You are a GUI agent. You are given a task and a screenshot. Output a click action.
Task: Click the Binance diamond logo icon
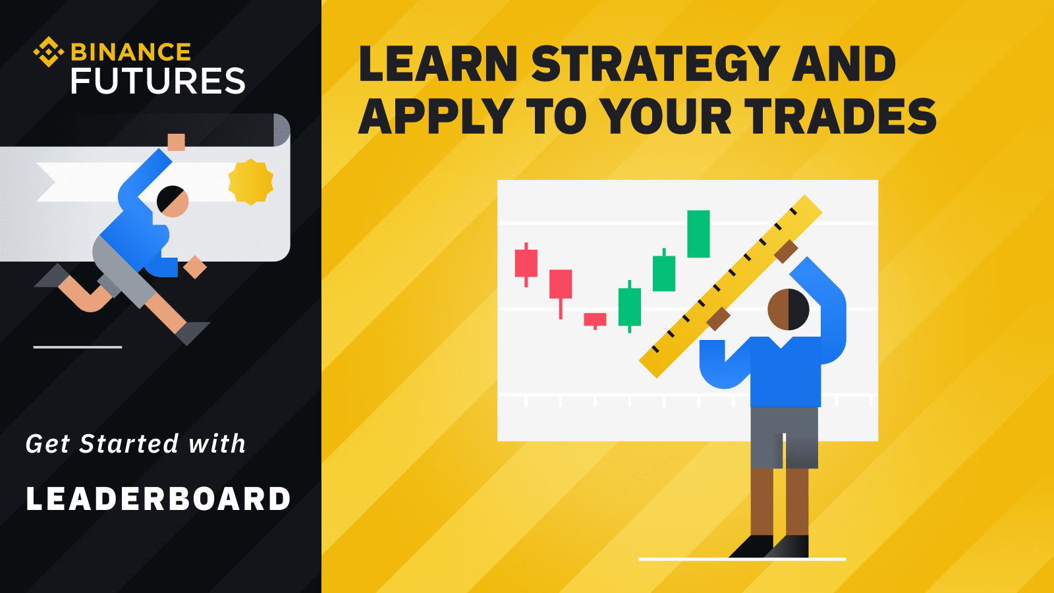[49, 52]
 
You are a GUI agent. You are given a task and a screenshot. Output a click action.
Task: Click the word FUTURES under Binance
[158, 80]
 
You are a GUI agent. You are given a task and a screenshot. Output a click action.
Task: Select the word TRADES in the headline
[841, 116]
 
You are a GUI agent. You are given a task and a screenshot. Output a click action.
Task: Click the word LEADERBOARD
[158, 499]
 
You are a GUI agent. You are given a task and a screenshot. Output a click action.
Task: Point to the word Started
[129, 444]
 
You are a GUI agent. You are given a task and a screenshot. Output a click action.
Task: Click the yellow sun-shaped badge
[251, 182]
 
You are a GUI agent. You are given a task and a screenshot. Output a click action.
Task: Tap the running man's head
[172, 202]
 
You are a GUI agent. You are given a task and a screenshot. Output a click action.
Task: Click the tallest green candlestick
[698, 234]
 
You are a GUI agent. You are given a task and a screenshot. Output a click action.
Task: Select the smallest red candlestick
[596, 320]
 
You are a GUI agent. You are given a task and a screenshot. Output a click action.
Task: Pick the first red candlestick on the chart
[526, 264]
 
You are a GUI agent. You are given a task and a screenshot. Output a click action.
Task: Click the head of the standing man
[788, 310]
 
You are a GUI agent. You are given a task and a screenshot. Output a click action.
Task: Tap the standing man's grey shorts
[784, 438]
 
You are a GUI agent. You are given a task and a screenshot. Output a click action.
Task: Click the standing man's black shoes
[769, 546]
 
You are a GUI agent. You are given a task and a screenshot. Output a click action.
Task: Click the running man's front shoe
[192, 333]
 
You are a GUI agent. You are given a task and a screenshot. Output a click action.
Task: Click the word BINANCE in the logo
[131, 52]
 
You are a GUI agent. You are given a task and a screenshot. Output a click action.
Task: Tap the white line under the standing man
[742, 559]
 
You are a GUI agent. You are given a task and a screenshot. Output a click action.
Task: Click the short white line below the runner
[78, 347]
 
